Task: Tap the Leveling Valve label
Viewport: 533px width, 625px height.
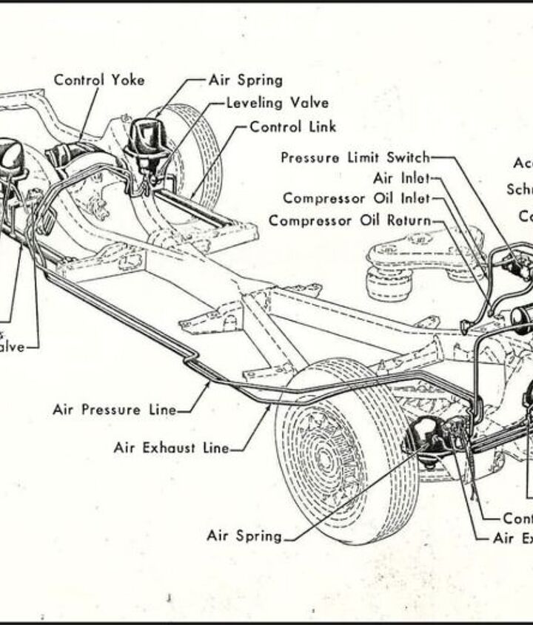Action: (x=278, y=103)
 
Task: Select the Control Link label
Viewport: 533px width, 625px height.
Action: (x=293, y=126)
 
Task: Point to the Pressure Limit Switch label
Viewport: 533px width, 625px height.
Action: (x=355, y=158)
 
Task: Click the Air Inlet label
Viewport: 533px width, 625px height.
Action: (x=400, y=178)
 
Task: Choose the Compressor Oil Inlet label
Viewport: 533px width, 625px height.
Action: (x=355, y=198)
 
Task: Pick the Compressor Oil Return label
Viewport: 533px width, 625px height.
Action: (x=349, y=220)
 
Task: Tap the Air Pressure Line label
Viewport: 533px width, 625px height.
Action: (x=115, y=409)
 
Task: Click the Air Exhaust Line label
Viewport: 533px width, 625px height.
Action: (x=171, y=447)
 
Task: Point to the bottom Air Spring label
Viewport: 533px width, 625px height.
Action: (x=244, y=536)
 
